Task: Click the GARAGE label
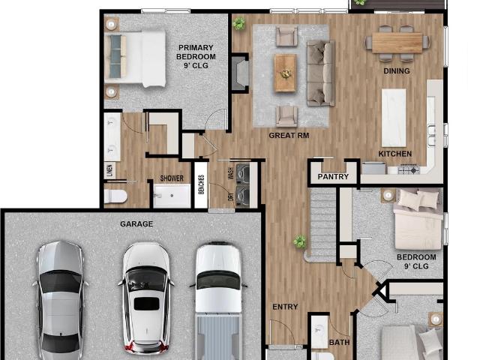(x=136, y=224)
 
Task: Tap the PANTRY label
(x=333, y=177)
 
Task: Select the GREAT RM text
(x=289, y=135)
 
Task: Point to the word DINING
(x=397, y=71)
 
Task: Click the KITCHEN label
(x=395, y=154)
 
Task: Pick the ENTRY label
(x=285, y=307)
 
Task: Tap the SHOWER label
(x=172, y=178)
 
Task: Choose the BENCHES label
(x=201, y=184)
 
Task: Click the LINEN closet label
(x=109, y=171)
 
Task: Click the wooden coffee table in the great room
(x=285, y=73)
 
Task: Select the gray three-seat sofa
(x=321, y=73)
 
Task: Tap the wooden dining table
(x=397, y=43)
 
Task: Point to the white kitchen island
(x=394, y=118)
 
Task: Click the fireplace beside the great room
(x=241, y=73)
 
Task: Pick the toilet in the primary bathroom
(x=115, y=196)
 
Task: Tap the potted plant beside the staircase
(x=299, y=241)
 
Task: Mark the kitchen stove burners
(x=409, y=169)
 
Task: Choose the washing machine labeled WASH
(x=243, y=172)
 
